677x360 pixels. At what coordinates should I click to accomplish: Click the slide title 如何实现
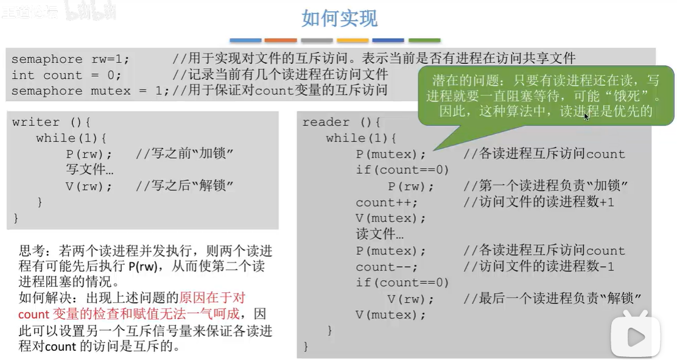pyautogui.click(x=339, y=18)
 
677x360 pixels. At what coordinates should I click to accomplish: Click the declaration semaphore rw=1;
pyautogui.click(x=71, y=59)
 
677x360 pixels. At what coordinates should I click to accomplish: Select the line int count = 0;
pyautogui.click(x=66, y=75)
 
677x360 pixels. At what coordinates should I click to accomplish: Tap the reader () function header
pyautogui.click(x=341, y=122)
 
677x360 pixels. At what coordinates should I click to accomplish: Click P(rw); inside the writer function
pyautogui.click(x=89, y=154)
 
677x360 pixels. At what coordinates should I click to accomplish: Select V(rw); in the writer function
pyautogui.click(x=89, y=186)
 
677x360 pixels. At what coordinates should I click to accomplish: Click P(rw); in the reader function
pyautogui.click(x=411, y=186)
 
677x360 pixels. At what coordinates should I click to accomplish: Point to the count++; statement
pyautogui.click(x=387, y=202)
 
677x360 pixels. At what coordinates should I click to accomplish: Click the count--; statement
pyautogui.click(x=387, y=267)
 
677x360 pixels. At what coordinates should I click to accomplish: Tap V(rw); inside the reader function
pyautogui.click(x=411, y=299)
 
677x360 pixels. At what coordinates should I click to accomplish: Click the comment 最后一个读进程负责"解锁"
pyautogui.click(x=553, y=299)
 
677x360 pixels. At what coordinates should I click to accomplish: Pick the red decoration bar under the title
pyautogui.click(x=281, y=40)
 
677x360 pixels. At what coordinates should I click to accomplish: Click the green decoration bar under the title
pyautogui.click(x=424, y=40)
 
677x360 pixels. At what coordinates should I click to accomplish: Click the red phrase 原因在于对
pyautogui.click(x=212, y=298)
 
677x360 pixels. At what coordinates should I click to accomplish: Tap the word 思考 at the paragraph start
pyautogui.click(x=31, y=250)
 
